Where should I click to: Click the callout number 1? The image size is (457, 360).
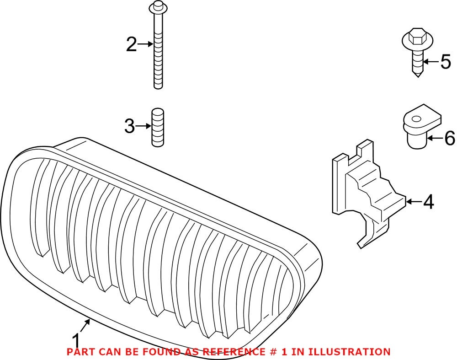(x=76, y=341)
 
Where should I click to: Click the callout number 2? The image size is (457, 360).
(x=132, y=44)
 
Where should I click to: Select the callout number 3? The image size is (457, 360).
(x=130, y=126)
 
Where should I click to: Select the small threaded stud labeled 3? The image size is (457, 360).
(x=158, y=127)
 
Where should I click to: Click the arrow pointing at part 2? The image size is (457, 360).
(x=145, y=44)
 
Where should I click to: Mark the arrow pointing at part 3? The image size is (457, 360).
(x=143, y=126)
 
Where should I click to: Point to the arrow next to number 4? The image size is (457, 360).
(x=413, y=201)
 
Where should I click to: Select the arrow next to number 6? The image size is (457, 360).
(x=435, y=137)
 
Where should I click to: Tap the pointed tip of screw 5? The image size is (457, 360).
(x=418, y=74)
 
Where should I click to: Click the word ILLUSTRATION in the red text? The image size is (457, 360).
(x=349, y=352)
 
